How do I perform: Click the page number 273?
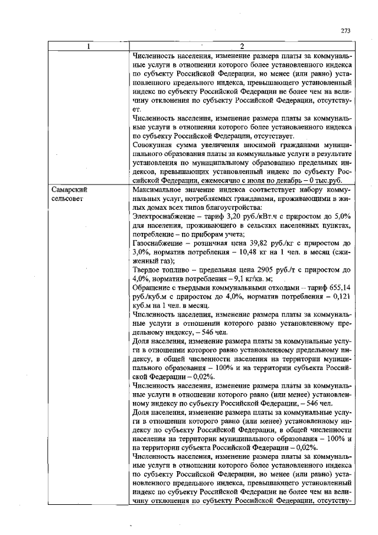point(346,31)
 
